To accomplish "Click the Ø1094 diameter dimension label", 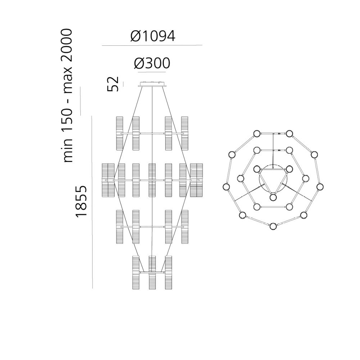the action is (x=153, y=36).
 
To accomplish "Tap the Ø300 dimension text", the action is (x=152, y=63).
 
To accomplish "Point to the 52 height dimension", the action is (x=113, y=84).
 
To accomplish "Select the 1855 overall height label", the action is (x=81, y=202).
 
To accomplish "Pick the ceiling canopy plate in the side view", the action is (x=152, y=84).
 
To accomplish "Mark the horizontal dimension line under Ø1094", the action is (x=152, y=45).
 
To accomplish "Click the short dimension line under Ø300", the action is (x=152, y=72).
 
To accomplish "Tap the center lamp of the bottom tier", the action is (x=152, y=273).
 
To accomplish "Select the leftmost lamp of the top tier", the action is (x=120, y=134).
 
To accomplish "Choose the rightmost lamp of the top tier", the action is (x=185, y=134).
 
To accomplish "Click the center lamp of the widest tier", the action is (x=152, y=180).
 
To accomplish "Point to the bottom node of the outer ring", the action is (x=273, y=226).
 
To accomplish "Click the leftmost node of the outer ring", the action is (x=226, y=186).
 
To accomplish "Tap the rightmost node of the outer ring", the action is (x=320, y=186).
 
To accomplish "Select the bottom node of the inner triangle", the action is (x=273, y=197).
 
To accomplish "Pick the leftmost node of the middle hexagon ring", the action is (x=240, y=179).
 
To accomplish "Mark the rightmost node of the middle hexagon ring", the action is (x=306, y=179).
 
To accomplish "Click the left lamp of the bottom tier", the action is (x=136, y=273).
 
